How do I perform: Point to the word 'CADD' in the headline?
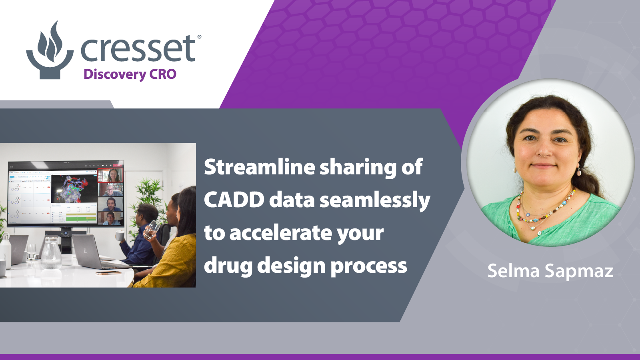coord(234,200)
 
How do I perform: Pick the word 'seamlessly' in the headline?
coord(375,201)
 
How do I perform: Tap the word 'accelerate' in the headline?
coord(281,233)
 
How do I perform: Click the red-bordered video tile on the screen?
coord(110,175)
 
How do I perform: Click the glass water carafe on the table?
coord(51,253)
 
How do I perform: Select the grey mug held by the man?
coord(120,236)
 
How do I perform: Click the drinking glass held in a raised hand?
coord(152,230)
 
